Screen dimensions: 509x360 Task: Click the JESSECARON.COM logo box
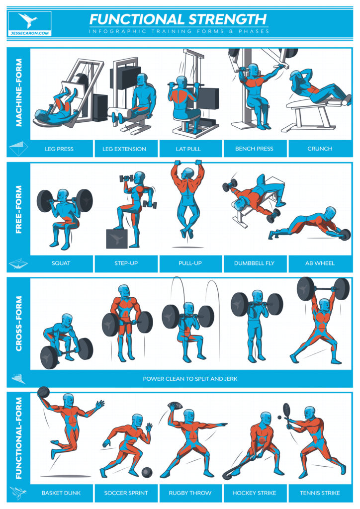click(x=30, y=24)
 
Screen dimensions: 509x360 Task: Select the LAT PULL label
click(x=189, y=149)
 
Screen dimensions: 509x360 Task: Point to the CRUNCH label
click(x=320, y=149)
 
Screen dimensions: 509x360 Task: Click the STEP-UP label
click(x=126, y=263)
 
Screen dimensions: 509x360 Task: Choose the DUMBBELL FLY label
click(x=254, y=263)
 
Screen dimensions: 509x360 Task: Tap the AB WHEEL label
click(x=320, y=263)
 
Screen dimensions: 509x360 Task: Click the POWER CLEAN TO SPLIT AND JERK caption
click(x=190, y=379)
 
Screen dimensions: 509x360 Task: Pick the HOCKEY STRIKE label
click(x=254, y=493)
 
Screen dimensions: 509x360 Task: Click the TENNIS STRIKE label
click(x=320, y=493)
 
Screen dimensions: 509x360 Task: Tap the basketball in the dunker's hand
click(x=43, y=392)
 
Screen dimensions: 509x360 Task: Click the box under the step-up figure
click(x=116, y=238)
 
